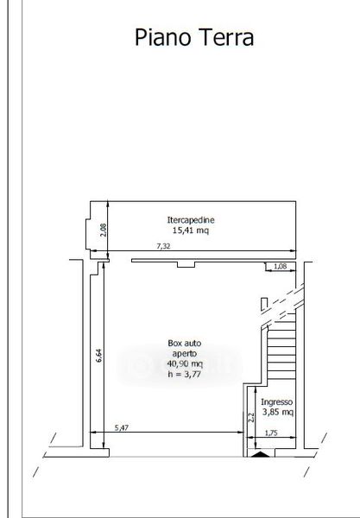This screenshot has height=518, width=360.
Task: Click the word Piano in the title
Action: [163, 37]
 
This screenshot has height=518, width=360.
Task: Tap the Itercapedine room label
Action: [191, 220]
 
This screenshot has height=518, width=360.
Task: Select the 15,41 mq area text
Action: [191, 231]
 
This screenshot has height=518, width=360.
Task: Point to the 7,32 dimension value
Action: [163, 246]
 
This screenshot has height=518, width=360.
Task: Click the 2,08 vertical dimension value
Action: [103, 230]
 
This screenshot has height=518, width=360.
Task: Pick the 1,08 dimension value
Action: [280, 266]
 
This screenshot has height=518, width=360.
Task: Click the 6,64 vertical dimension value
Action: [99, 356]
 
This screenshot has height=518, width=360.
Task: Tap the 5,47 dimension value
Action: [121, 427]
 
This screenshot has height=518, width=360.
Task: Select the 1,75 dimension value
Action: [271, 433]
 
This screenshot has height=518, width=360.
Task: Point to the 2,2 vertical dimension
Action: [251, 418]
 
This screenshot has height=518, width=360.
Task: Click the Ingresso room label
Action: [277, 402]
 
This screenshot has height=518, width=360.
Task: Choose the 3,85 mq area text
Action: [278, 412]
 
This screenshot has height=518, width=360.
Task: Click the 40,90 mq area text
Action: [185, 363]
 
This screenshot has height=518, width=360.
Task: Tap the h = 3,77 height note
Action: [184, 374]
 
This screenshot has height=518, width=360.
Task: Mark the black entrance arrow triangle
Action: [261, 454]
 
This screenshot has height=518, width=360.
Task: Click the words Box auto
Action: [184, 343]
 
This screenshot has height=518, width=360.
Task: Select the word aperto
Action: [184, 353]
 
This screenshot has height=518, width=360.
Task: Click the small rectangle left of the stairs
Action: [264, 304]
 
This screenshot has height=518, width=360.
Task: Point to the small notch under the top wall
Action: [186, 264]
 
